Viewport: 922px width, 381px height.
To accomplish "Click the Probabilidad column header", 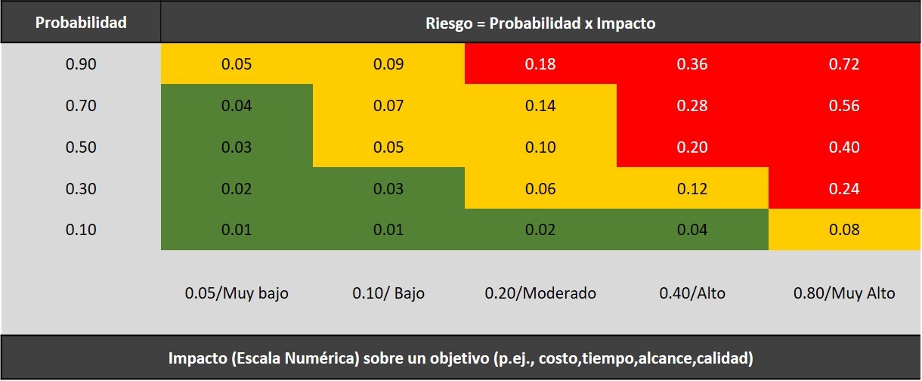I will point(81,22).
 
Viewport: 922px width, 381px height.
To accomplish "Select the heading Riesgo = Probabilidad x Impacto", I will point(540,23).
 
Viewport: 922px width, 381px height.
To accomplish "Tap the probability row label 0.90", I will point(81,64).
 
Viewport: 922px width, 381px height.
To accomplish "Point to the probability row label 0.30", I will point(81,188).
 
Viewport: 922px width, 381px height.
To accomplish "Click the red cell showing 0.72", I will point(844,64).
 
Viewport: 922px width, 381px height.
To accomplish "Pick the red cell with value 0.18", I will point(540,64).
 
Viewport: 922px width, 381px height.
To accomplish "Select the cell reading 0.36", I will point(692,64).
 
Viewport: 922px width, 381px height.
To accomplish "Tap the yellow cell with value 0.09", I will point(388,64).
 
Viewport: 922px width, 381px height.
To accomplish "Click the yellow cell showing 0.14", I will point(540,106).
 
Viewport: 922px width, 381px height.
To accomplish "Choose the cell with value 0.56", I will point(844,106).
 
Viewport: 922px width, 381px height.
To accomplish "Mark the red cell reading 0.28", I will point(692,106).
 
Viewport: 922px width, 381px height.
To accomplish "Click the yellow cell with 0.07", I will point(388,106).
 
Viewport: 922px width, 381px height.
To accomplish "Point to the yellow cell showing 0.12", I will point(692,188).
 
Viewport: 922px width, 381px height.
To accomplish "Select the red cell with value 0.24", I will point(844,188).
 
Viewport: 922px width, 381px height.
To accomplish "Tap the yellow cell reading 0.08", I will point(844,230).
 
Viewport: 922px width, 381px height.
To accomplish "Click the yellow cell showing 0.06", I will point(540,188).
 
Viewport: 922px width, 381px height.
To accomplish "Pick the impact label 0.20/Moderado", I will point(540,293).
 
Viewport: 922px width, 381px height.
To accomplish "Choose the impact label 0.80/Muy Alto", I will point(844,293).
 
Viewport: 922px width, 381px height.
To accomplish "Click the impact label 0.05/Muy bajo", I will point(237,293).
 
